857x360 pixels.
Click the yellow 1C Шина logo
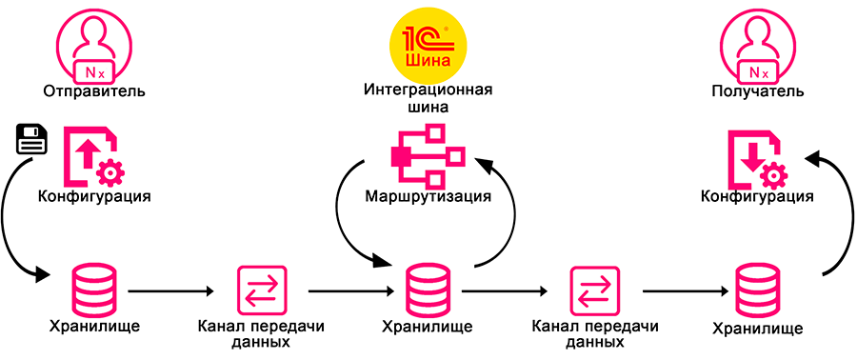pos(428,46)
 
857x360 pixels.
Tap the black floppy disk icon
pos(31,140)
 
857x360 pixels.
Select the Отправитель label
pos(94,90)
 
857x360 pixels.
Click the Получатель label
pos(758,90)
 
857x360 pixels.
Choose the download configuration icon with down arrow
pos(756,157)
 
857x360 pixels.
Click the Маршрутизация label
pos(428,195)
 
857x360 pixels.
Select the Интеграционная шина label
pos(428,98)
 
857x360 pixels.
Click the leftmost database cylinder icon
pos(94,290)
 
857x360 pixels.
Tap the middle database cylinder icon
pos(428,290)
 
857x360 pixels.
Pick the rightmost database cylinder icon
pos(757,290)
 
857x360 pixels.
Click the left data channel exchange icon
pos(261,290)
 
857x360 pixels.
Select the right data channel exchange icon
pos(594,290)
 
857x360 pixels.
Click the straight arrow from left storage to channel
pos(170,291)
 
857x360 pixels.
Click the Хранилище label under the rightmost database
pos(758,329)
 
